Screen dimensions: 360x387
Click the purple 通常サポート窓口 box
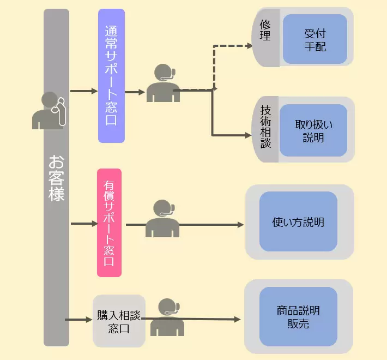click(111, 75)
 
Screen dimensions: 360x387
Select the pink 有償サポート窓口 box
click(109, 223)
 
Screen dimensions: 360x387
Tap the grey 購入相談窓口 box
click(119, 321)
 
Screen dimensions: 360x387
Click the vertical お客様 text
click(56, 178)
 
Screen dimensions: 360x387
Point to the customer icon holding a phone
click(49, 110)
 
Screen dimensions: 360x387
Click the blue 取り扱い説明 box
click(313, 130)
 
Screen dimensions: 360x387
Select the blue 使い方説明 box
click(298, 222)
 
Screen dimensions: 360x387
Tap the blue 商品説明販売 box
click(298, 317)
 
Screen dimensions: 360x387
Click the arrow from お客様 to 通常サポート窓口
click(84, 91)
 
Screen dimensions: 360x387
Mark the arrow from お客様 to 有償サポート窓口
click(84, 224)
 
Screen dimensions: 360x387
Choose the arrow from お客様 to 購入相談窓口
click(79, 319)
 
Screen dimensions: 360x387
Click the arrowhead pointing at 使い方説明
click(240, 224)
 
